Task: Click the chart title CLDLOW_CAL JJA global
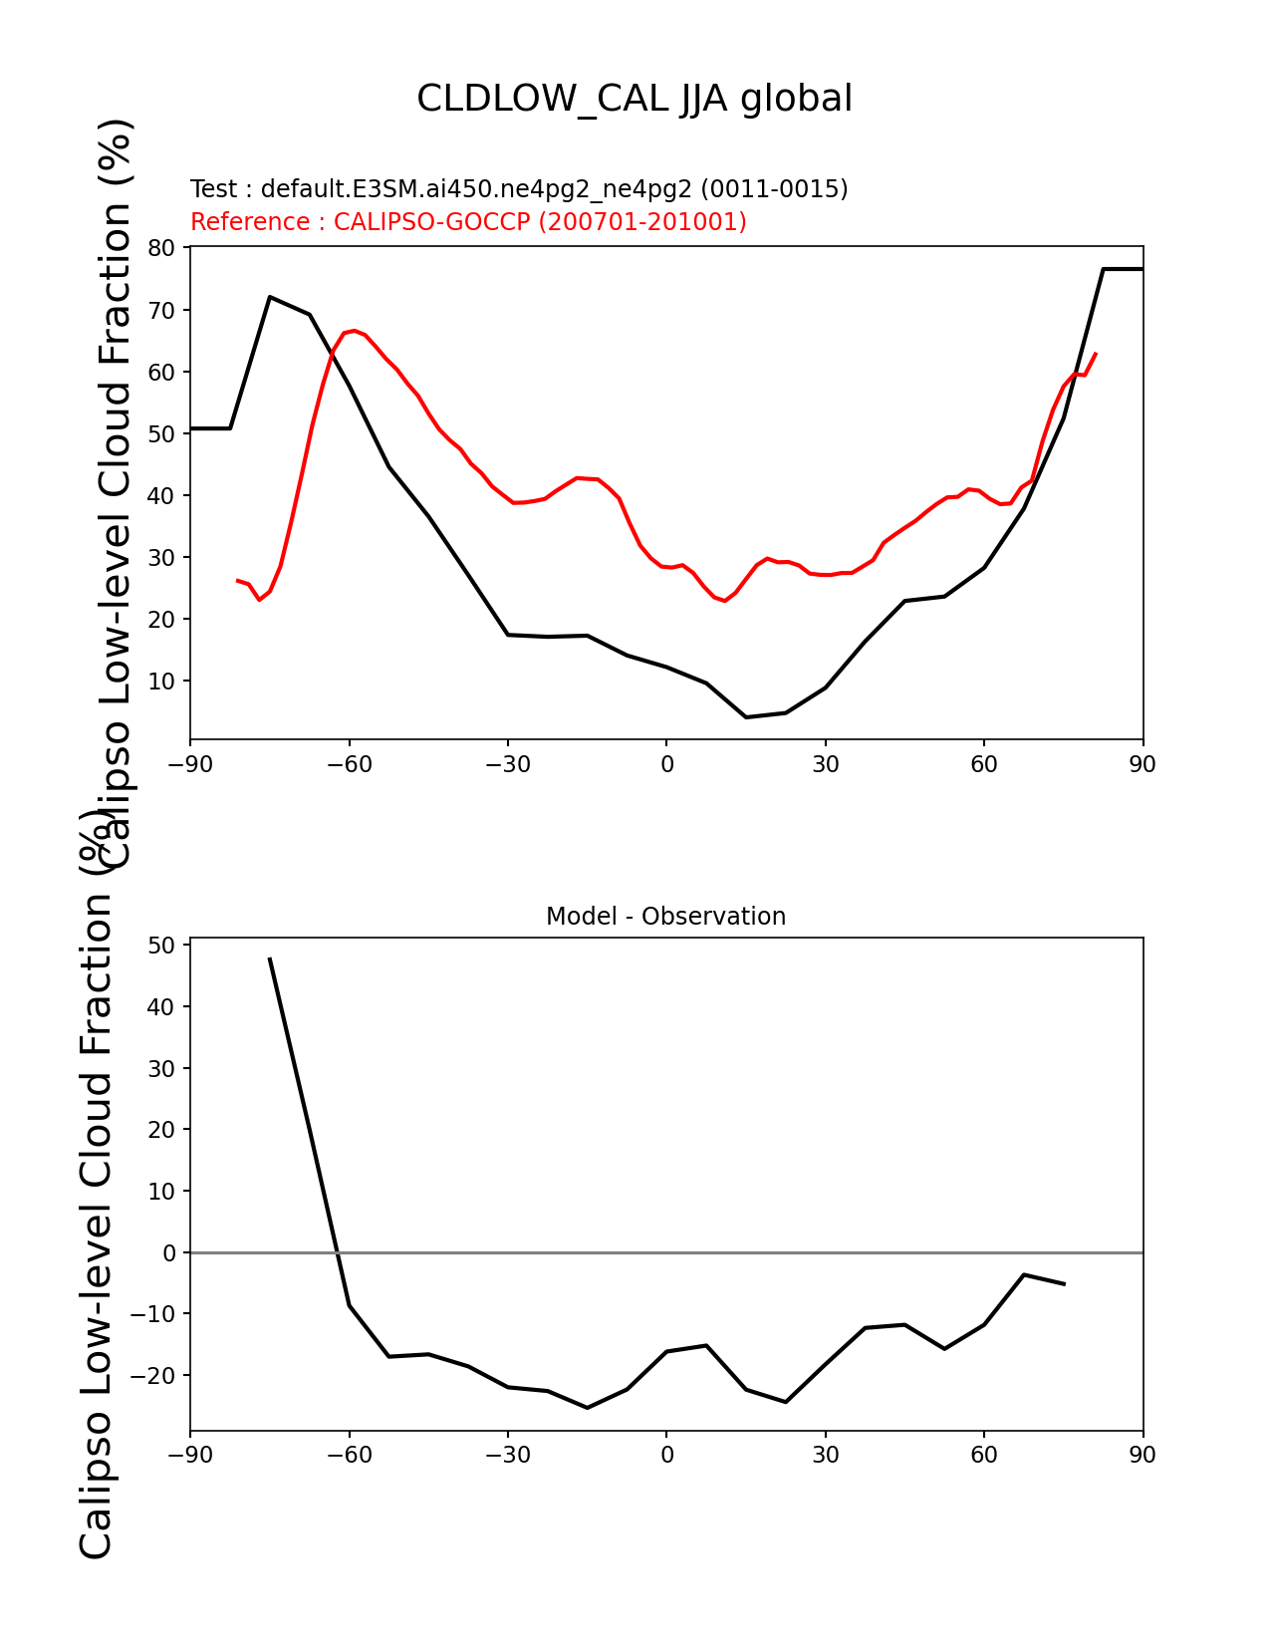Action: point(634,99)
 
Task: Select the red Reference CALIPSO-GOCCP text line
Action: point(468,221)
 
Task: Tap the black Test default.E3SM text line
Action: point(519,188)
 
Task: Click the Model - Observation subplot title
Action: point(665,917)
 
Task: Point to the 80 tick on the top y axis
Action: point(161,248)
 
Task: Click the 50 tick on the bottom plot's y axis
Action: point(161,945)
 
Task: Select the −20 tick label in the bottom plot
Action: point(152,1375)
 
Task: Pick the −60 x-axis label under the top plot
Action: point(350,765)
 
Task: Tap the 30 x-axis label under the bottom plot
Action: point(825,1455)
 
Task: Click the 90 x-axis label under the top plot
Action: point(1143,765)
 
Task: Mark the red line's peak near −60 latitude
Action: point(354,331)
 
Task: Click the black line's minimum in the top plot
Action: point(746,717)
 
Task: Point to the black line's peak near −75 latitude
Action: point(270,297)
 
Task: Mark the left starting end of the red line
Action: point(237,580)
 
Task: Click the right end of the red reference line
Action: point(1096,354)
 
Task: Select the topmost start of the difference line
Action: point(269,958)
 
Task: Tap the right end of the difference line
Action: point(1065,1284)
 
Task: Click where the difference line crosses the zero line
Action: point(338,1252)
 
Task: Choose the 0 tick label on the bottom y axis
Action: point(168,1253)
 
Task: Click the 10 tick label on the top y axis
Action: point(161,681)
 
